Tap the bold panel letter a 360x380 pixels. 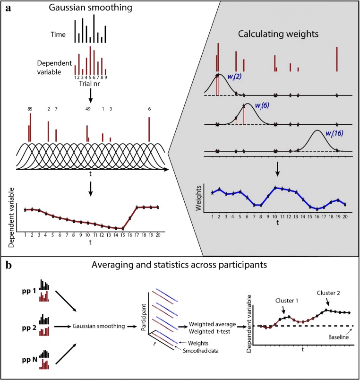[x=9, y=9]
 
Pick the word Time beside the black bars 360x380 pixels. [x=59, y=35]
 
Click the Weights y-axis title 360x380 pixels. [x=199, y=198]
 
